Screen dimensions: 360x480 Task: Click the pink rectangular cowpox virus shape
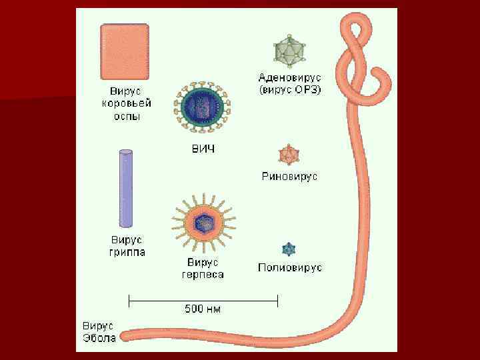point(125,51)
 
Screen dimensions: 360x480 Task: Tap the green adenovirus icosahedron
point(289,51)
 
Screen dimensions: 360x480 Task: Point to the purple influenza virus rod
point(125,189)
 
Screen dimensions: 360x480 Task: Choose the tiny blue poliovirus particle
point(289,250)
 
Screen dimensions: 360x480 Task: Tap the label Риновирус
point(289,177)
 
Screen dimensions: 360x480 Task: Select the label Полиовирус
point(290,267)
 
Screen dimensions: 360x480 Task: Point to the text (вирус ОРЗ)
point(290,89)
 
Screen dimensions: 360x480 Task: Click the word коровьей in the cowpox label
point(127,103)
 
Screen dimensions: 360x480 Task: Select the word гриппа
point(127,252)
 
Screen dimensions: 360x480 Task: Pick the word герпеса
point(203,274)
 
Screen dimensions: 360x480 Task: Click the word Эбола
point(99,338)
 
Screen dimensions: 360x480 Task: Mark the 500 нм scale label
point(202,309)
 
